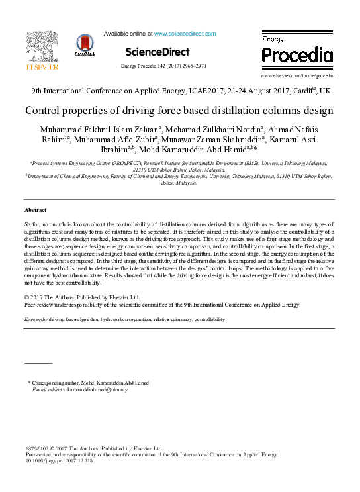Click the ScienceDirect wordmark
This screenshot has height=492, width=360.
click(x=157, y=52)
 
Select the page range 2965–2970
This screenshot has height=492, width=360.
click(x=192, y=66)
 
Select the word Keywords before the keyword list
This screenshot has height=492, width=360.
click(x=34, y=319)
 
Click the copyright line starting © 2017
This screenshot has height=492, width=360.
click(x=91, y=298)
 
